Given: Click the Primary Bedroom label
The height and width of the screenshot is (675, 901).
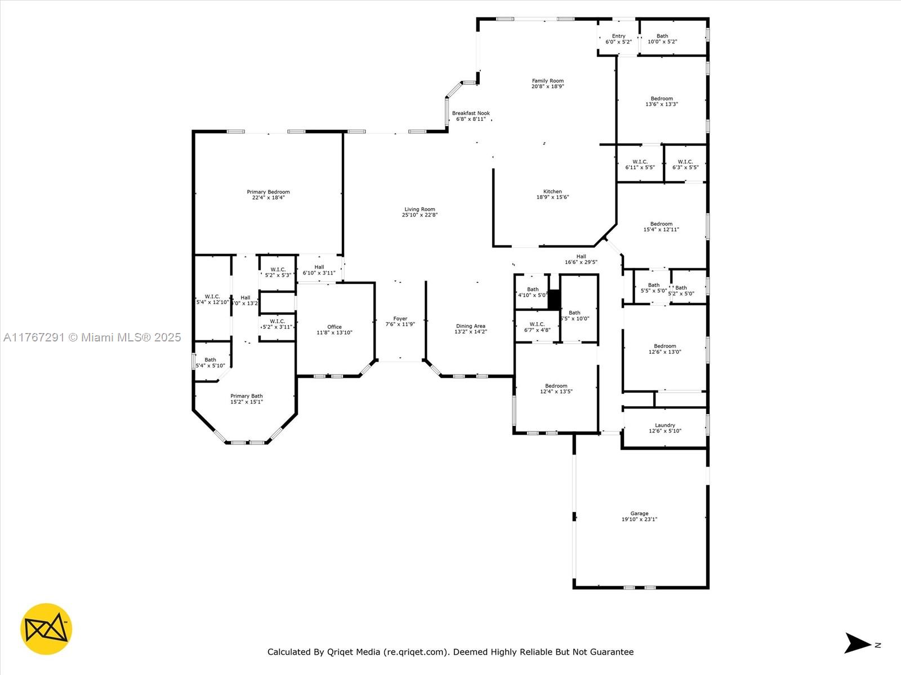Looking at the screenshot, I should click(268, 192).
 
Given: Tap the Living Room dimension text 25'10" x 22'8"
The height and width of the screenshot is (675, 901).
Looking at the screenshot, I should click(420, 215).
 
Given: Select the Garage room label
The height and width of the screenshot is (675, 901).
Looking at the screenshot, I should click(639, 514).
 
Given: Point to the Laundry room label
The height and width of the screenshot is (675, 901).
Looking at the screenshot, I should click(664, 425).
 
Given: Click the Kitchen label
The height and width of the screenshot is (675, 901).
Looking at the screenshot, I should click(552, 192).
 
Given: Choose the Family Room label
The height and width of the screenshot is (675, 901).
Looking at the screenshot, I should click(547, 81).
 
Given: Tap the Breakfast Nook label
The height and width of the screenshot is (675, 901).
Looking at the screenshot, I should click(471, 113).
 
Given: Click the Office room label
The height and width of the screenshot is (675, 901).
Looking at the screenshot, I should click(334, 327).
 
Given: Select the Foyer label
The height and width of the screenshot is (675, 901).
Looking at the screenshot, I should click(400, 319).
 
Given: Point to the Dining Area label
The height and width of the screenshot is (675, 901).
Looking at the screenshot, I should click(470, 326).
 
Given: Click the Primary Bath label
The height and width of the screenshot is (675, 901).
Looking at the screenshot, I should click(246, 396).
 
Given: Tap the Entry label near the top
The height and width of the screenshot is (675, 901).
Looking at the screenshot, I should click(618, 36).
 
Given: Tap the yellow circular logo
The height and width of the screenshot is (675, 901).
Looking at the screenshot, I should click(46, 629).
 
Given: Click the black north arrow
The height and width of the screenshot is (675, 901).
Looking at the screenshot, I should click(857, 643).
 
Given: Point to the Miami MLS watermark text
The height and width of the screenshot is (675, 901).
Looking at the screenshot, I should click(92, 337).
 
